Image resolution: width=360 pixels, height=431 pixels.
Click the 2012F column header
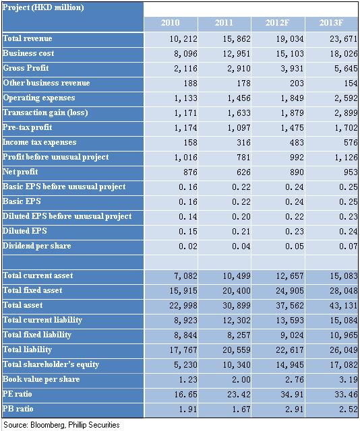(x=277, y=22)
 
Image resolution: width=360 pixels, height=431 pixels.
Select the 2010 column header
(x=170, y=22)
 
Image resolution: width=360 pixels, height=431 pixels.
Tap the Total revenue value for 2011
(x=237, y=39)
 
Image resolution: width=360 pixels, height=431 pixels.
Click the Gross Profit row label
(x=26, y=68)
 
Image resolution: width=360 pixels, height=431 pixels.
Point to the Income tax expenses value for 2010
(x=191, y=142)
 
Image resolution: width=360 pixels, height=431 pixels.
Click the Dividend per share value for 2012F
(x=295, y=246)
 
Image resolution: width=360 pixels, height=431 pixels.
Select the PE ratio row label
(x=18, y=394)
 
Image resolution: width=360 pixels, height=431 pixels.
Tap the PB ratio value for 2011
(x=241, y=409)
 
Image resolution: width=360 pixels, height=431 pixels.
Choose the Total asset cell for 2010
(x=183, y=305)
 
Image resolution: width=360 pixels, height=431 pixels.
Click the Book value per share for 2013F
(x=349, y=380)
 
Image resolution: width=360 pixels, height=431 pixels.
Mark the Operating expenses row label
(x=39, y=98)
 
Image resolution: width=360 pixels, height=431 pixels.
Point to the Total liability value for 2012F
(x=290, y=350)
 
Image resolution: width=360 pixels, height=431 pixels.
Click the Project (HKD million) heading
(x=43, y=7)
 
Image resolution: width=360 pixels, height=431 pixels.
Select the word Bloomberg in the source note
(x=48, y=425)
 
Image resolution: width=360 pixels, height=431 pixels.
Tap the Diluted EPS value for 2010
(x=188, y=232)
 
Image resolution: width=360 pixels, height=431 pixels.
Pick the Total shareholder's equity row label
(x=51, y=364)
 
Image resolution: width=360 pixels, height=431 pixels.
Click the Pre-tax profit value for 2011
(x=239, y=128)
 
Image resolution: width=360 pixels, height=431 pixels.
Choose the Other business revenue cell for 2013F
(x=351, y=84)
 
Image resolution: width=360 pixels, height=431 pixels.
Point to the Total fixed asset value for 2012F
(x=290, y=290)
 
